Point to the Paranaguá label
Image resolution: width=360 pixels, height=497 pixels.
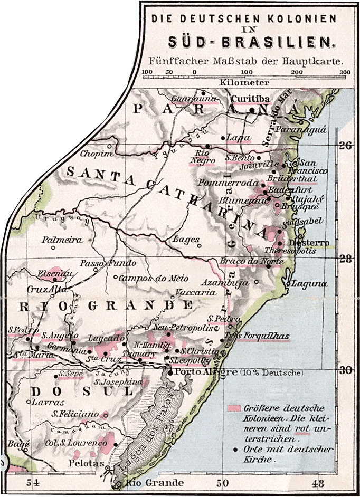[309, 129]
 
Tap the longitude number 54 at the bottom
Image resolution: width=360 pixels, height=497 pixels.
[33, 483]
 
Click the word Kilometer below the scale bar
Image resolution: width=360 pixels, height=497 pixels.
[245, 82]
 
